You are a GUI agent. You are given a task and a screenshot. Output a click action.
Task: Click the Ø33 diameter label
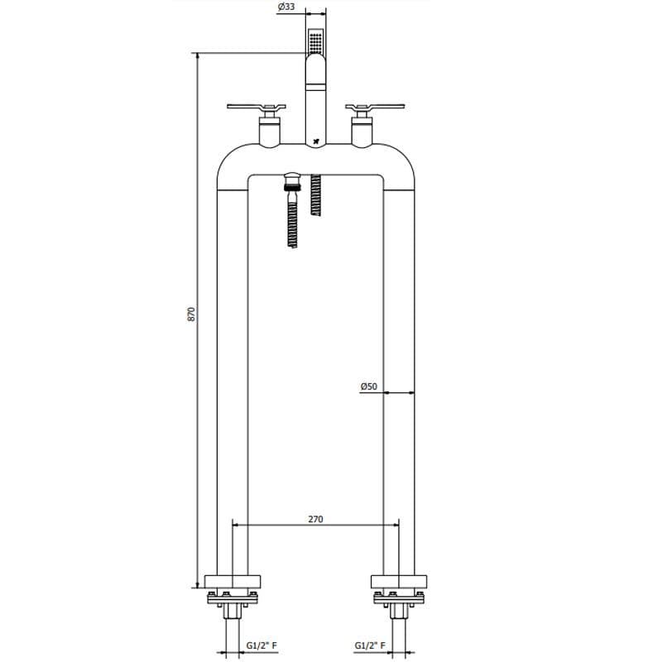coord(286,7)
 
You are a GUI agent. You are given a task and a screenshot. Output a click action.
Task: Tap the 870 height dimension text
coord(191,314)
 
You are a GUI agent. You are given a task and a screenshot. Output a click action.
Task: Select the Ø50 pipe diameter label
coord(368,386)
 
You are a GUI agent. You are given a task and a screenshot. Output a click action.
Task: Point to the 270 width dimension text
coord(315,519)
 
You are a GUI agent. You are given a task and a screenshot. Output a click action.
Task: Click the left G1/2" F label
coord(261,645)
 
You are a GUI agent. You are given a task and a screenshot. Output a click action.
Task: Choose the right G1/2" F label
coord(370,645)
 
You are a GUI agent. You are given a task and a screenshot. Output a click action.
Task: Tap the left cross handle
coord(257,108)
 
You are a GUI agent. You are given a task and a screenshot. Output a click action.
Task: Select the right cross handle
coord(375,108)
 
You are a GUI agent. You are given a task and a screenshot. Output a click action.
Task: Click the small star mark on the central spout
coord(315,142)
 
